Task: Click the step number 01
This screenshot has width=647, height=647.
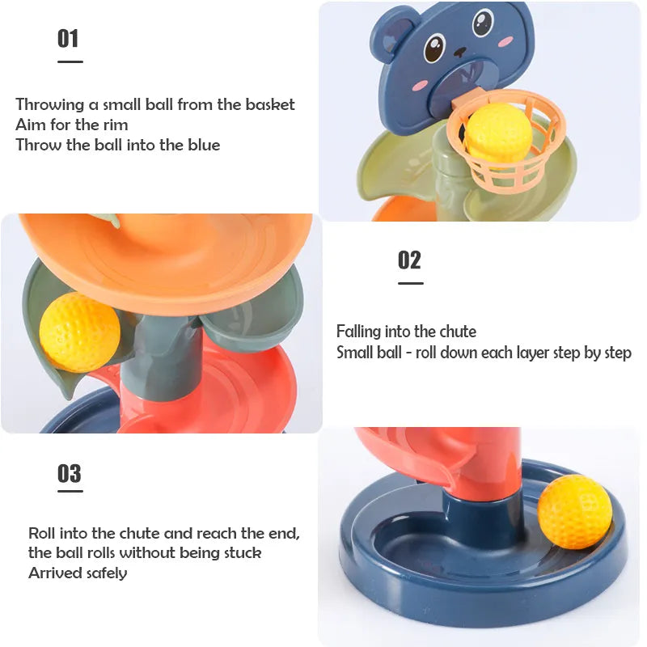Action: tap(68, 38)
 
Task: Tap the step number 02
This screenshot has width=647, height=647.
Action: tap(410, 260)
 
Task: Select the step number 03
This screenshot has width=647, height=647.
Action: tap(70, 473)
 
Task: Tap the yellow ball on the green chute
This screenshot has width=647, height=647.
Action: tap(78, 332)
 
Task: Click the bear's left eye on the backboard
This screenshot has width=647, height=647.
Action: tap(434, 48)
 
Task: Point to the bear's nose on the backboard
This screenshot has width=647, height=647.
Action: tap(459, 52)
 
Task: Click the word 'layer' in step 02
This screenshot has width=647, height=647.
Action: tap(523, 353)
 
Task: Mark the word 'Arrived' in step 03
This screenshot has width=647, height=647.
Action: tap(53, 573)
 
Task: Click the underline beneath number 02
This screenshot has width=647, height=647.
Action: tap(410, 283)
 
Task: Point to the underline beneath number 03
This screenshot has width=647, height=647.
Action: tap(70, 491)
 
